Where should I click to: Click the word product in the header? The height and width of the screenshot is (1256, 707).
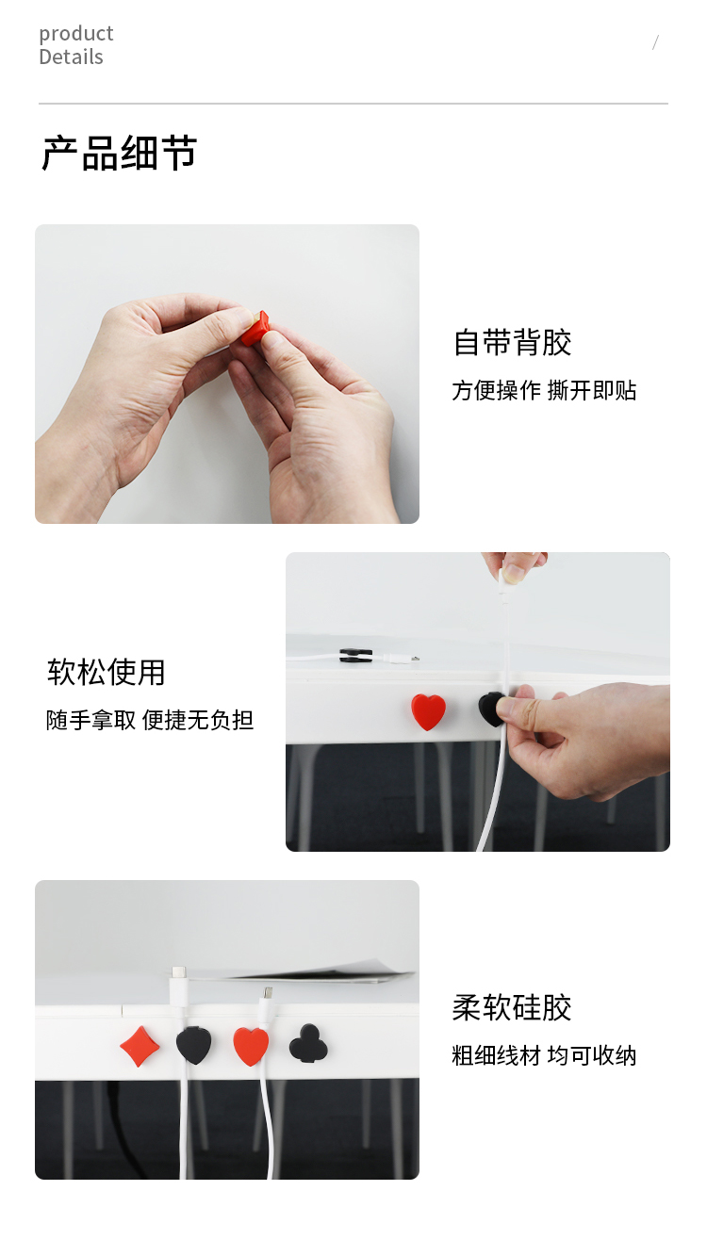[76, 35]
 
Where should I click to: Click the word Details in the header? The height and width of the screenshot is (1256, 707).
[72, 57]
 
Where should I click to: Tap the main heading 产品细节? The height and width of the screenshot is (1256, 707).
[119, 153]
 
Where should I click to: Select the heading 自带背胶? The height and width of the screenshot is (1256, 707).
[512, 343]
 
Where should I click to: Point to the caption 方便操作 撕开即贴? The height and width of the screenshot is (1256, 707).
[544, 390]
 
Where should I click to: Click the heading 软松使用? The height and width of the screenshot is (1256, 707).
[106, 672]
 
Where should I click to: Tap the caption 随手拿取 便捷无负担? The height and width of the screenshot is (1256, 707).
[150, 720]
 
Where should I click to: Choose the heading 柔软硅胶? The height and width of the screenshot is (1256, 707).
[512, 1008]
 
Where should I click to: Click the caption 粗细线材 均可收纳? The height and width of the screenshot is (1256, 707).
[544, 1056]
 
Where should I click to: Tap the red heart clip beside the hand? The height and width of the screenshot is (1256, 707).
[428, 711]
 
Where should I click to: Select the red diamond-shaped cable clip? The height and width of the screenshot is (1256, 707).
[140, 1046]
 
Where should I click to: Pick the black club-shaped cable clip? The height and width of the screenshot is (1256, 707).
[308, 1043]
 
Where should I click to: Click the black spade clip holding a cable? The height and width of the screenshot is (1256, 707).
[193, 1045]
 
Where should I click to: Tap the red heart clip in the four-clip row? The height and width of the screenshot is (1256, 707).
[251, 1046]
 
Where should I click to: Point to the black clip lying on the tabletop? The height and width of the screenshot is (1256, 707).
[355, 655]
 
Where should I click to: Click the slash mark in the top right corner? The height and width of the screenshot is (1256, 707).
[655, 42]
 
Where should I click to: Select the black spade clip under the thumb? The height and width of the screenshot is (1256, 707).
[490, 710]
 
